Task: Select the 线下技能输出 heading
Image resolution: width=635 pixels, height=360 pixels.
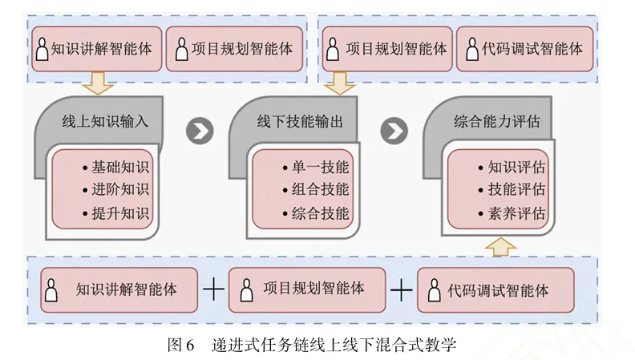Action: click(x=300, y=122)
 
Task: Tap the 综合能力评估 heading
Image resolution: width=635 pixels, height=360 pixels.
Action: click(x=496, y=122)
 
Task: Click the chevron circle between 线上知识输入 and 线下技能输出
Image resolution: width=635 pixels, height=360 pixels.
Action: click(x=199, y=131)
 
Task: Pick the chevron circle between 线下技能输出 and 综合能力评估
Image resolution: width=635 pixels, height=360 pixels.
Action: click(x=393, y=131)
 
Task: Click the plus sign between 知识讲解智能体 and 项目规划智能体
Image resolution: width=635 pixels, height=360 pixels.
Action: click(x=213, y=289)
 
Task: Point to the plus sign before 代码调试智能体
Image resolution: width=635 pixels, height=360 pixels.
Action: click(x=400, y=289)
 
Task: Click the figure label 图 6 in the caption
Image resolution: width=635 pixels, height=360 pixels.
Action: click(x=180, y=346)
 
